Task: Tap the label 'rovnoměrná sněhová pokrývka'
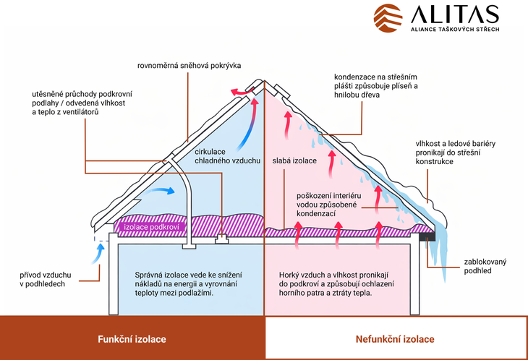190,66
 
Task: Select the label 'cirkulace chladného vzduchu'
227,155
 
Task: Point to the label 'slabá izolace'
294,160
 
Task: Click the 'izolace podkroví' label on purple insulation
150,226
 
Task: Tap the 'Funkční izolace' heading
132,338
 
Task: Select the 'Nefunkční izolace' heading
395,338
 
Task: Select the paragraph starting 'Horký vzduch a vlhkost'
334,285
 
